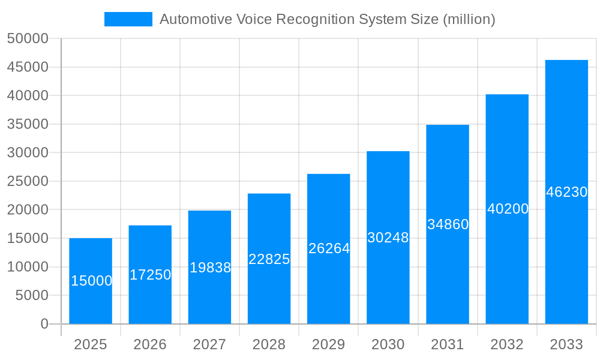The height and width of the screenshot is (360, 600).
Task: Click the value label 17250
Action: [x=150, y=275]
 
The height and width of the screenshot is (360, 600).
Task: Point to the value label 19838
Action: [x=210, y=268]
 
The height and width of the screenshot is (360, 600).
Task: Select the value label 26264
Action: [x=329, y=248]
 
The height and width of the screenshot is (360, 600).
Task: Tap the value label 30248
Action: [x=388, y=238]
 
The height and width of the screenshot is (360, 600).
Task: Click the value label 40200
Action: [x=508, y=209]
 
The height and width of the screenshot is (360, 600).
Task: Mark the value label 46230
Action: [x=566, y=192]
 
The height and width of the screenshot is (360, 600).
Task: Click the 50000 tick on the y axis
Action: [x=28, y=38]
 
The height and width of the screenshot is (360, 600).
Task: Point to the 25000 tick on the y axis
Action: [x=28, y=181]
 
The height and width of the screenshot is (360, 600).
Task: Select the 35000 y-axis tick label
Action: [x=28, y=124]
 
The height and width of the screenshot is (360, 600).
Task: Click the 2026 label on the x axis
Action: [x=150, y=344]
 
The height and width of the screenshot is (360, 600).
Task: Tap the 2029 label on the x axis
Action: [x=329, y=344]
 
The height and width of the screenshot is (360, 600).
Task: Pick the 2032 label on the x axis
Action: [x=507, y=344]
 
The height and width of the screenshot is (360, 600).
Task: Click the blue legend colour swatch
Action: [x=128, y=19]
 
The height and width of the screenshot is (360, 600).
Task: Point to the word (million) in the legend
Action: [x=469, y=19]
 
